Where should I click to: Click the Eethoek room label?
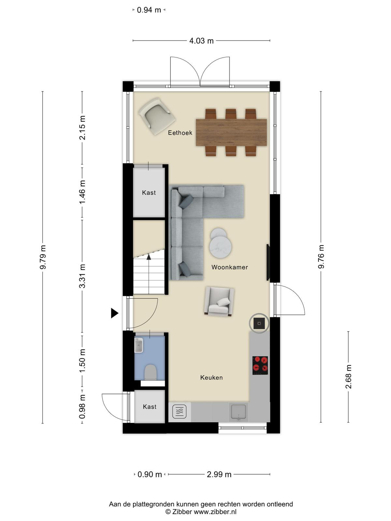click(180, 133)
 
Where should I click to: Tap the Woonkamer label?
click(230, 267)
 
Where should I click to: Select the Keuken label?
click(211, 378)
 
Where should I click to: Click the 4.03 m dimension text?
click(201, 41)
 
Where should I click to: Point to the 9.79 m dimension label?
click(43, 257)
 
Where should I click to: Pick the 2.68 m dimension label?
click(348, 377)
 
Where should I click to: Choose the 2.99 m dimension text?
click(219, 474)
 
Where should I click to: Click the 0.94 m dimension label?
click(149, 10)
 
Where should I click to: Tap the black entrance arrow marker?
click(114, 313)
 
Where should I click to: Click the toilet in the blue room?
click(151, 373)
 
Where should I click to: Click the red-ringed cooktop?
click(260, 365)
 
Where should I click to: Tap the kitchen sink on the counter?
click(239, 412)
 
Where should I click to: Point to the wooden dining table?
click(231, 133)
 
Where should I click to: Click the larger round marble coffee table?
click(221, 246)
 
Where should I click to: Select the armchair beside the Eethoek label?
click(157, 116)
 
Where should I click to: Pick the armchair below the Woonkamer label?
click(219, 302)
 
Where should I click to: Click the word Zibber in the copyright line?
click(182, 512)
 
